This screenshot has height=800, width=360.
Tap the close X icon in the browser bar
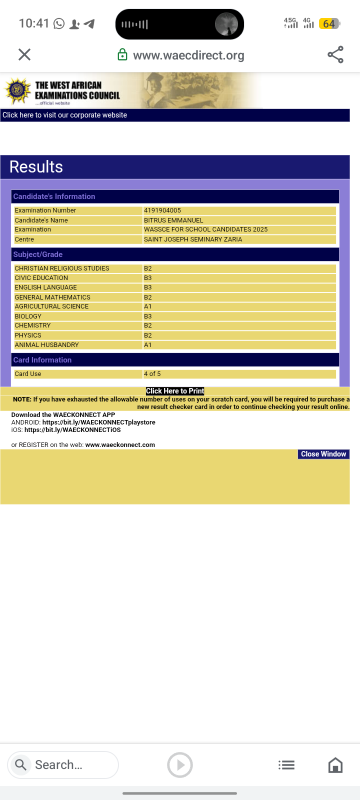(24, 54)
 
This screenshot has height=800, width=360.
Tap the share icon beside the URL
(335, 54)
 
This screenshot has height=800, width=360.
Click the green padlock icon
(122, 55)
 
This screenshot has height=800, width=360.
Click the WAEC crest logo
(18, 91)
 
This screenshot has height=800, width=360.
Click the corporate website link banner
(65, 115)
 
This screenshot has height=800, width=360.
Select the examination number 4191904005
(162, 210)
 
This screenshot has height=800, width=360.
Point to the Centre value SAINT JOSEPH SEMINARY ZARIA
(193, 239)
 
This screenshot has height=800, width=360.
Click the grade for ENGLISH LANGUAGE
(148, 287)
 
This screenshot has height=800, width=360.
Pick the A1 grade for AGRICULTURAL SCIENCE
(148, 306)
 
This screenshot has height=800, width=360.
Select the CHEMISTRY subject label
(33, 325)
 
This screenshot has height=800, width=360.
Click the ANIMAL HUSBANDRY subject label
(47, 345)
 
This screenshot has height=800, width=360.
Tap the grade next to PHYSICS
(148, 335)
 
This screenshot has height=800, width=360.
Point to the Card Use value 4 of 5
(152, 374)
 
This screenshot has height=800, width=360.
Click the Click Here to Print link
(175, 391)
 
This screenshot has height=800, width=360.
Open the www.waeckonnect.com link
(120, 445)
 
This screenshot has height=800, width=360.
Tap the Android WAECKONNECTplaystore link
(98, 422)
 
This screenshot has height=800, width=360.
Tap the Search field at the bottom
(63, 765)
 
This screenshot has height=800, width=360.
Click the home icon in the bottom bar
(335, 765)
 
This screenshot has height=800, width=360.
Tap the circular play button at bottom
(180, 765)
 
